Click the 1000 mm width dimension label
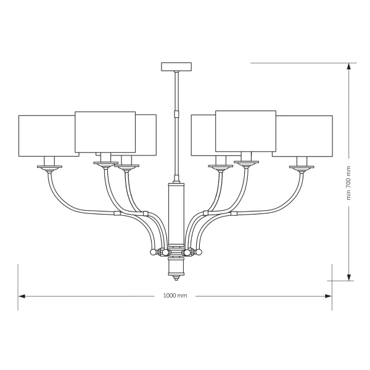tap(175, 295)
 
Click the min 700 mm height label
tap(349, 183)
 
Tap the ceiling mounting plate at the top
tap(176, 67)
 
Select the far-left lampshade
tap(49, 136)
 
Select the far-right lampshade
tap(303, 136)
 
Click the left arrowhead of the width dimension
tap(22, 296)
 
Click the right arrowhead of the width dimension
tap(329, 296)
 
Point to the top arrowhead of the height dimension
tap(349, 67)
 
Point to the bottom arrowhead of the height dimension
tap(349, 277)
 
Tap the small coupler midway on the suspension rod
tap(176, 114)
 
